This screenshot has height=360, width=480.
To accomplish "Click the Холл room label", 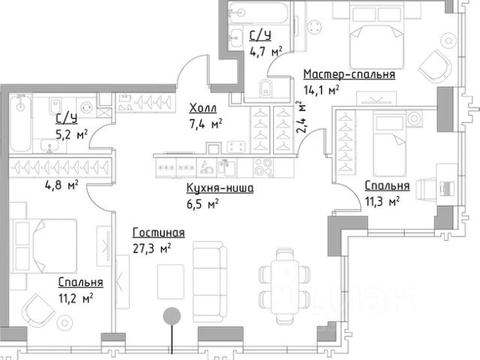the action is [x=203, y=108].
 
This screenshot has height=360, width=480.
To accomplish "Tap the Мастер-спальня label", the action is [x=349, y=74].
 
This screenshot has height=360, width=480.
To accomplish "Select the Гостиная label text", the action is [x=158, y=232].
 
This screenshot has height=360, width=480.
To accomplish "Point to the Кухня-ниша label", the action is [x=220, y=188].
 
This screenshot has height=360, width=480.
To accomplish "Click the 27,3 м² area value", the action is [x=151, y=248].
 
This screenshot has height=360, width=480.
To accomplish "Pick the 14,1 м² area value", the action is [x=322, y=90].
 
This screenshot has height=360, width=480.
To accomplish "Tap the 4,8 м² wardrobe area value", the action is [x=61, y=185].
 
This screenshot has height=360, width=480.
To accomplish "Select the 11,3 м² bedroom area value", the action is [x=382, y=202].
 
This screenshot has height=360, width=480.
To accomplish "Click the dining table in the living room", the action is [x=286, y=286].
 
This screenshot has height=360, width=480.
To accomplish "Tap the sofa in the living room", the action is [x=210, y=277].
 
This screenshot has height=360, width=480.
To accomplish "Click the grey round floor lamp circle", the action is [x=172, y=316].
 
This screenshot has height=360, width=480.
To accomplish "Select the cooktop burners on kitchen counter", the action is [x=263, y=167].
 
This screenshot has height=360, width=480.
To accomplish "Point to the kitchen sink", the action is [x=226, y=167].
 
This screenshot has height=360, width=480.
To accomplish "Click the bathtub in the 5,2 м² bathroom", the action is [x=20, y=123].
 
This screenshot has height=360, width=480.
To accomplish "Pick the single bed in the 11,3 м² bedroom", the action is [x=389, y=143].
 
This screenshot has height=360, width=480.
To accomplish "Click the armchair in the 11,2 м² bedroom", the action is [x=38, y=311].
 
